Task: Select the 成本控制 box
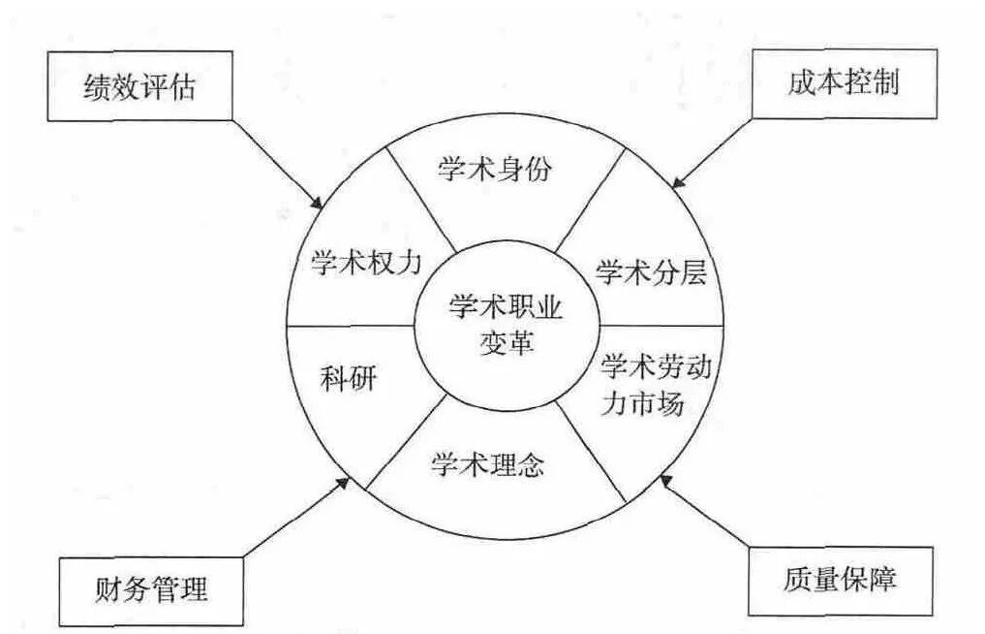[x=844, y=83]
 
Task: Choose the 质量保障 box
[x=839, y=581]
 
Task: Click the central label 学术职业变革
[x=506, y=325]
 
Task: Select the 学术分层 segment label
[x=650, y=272]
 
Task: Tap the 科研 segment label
[x=347, y=379]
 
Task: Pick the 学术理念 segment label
[x=487, y=465]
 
